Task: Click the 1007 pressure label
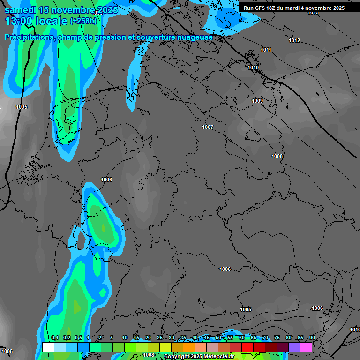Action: point(208,127)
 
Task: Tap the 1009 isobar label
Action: point(257,101)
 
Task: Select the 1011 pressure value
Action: point(266,50)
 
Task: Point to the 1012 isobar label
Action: point(294,41)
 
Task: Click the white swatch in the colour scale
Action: point(48,347)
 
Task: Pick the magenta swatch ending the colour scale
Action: point(306,347)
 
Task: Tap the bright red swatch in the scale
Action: point(247,347)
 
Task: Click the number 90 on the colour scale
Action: point(312,338)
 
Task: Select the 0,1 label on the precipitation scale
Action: point(55,338)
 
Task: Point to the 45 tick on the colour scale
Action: point(207,338)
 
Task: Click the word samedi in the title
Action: point(21,10)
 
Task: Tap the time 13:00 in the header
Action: point(19,21)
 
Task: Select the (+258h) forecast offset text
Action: point(83,21)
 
